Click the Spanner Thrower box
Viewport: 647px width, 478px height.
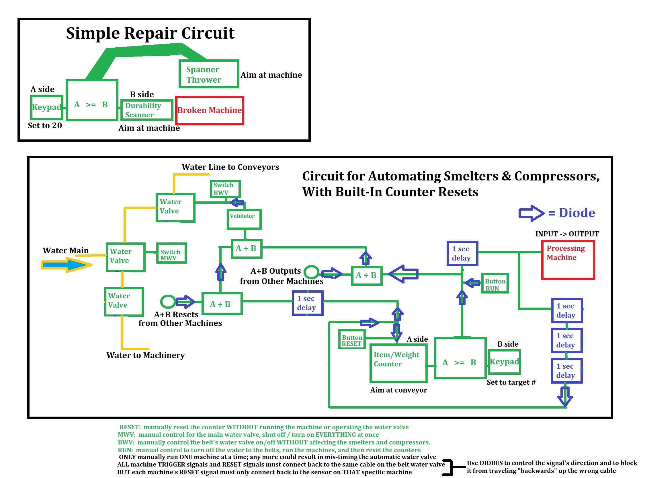pos(209,74)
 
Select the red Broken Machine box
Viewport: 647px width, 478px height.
pos(210,111)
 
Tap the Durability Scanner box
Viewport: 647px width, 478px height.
pos(147,110)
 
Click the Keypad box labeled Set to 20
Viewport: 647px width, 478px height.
pos(47,107)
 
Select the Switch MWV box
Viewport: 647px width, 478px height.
pos(172,253)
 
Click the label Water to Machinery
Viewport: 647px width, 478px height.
pos(146,355)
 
